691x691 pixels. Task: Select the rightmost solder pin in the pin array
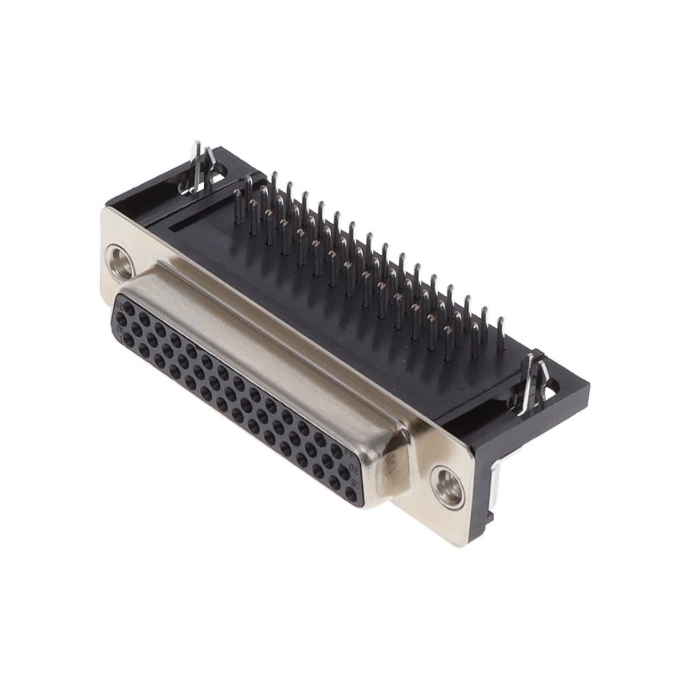click(x=500, y=334)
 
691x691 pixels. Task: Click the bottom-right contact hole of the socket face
click(x=351, y=494)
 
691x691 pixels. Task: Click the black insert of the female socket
click(x=233, y=397)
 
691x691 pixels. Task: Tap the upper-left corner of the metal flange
click(x=108, y=212)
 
